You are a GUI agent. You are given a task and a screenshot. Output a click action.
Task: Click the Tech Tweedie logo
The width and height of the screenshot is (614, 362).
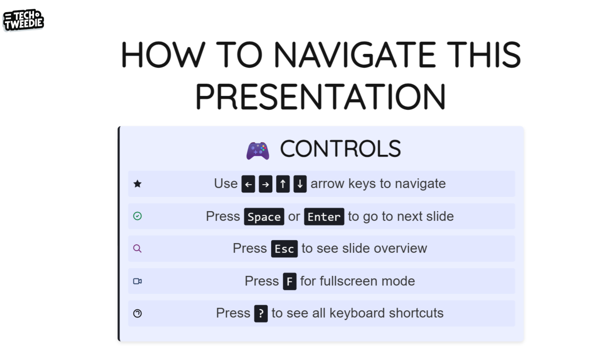pyautogui.click(x=24, y=20)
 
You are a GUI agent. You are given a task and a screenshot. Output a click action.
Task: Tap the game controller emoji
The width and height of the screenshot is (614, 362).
pyautogui.click(x=258, y=151)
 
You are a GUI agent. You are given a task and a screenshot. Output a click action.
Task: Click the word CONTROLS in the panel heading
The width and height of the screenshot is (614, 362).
pyautogui.click(x=340, y=148)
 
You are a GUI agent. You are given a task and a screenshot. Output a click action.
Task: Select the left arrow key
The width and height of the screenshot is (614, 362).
pyautogui.click(x=248, y=184)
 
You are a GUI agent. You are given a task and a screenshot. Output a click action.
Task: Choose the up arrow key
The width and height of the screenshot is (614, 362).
pyautogui.click(x=283, y=184)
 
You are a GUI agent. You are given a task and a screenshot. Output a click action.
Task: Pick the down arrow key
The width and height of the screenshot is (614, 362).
pyautogui.click(x=300, y=184)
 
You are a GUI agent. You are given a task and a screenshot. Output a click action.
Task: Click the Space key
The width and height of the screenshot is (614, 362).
pyautogui.click(x=264, y=217)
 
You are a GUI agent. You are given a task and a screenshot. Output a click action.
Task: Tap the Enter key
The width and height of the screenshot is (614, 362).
pyautogui.click(x=324, y=217)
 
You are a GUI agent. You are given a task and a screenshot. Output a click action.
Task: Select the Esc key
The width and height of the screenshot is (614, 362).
pyautogui.click(x=284, y=249)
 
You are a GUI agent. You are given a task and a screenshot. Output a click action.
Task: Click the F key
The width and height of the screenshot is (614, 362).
pyautogui.click(x=290, y=281)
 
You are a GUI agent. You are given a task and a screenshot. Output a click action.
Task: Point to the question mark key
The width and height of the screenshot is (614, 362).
pyautogui.click(x=261, y=313)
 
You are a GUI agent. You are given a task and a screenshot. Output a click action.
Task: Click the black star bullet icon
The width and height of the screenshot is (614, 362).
pyautogui.click(x=137, y=184)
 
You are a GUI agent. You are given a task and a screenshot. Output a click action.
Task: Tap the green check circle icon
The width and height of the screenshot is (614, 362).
pyautogui.click(x=137, y=216)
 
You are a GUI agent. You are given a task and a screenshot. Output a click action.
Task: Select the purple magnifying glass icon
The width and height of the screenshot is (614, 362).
pyautogui.click(x=137, y=248)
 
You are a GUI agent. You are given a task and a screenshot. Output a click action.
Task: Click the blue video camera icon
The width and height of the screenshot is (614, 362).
pyautogui.click(x=137, y=281)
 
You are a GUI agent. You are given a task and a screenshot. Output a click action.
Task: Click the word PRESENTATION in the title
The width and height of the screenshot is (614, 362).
pyautogui.click(x=321, y=97)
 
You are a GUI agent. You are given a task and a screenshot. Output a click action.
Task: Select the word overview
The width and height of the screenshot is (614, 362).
pyautogui.click(x=400, y=248)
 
